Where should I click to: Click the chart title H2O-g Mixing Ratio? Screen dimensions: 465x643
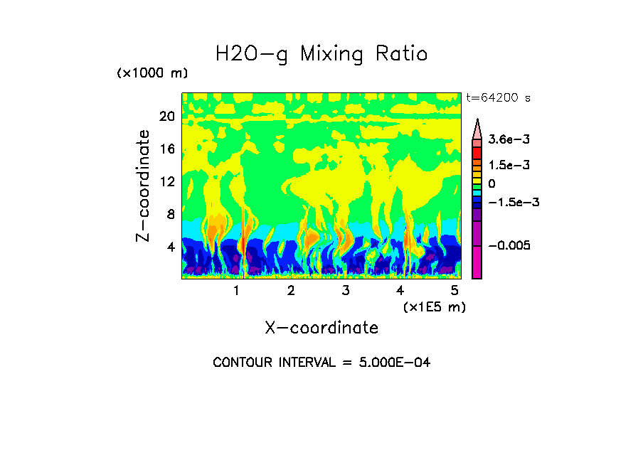click(x=321, y=54)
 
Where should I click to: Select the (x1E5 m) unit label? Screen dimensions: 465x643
click(x=434, y=307)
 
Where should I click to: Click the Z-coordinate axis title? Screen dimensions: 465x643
click(x=144, y=186)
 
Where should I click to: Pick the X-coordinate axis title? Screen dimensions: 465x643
click(x=321, y=328)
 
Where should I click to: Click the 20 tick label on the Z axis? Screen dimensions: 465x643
click(x=166, y=117)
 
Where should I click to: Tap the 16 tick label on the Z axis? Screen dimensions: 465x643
click(x=166, y=149)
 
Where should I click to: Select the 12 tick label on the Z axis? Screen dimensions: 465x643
click(x=166, y=181)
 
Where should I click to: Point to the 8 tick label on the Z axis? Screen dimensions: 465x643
click(x=171, y=214)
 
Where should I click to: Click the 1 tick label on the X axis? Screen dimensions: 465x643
click(x=236, y=291)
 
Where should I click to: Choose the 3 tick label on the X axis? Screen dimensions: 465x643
click(x=345, y=291)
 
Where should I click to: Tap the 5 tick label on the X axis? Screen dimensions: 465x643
click(x=455, y=291)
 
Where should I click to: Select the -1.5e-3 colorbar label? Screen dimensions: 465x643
click(x=512, y=202)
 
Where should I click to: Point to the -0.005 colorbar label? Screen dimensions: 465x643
click(x=510, y=245)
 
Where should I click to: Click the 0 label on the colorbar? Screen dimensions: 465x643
click(x=491, y=183)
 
